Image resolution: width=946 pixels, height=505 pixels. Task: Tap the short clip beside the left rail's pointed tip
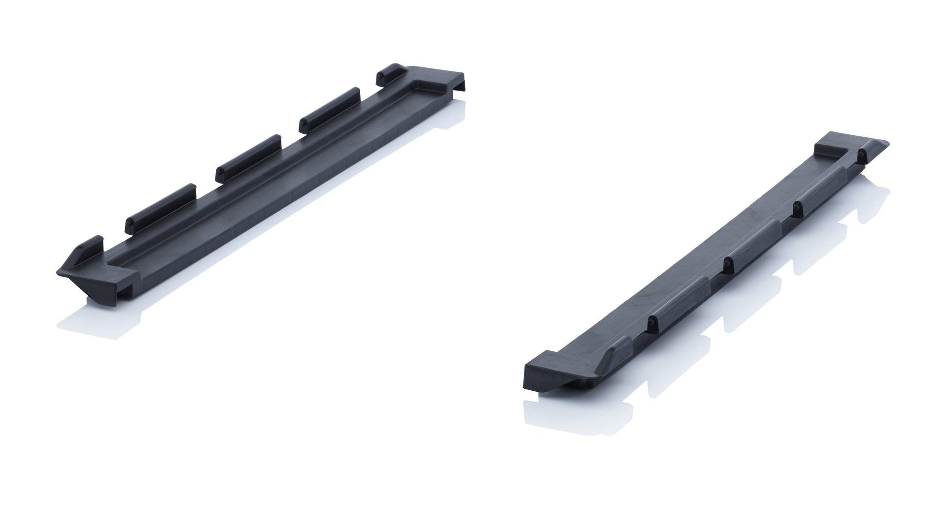(94, 244)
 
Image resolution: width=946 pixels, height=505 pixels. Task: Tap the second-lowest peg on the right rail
(726, 265)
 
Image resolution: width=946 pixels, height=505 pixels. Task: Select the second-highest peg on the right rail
(795, 210)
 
